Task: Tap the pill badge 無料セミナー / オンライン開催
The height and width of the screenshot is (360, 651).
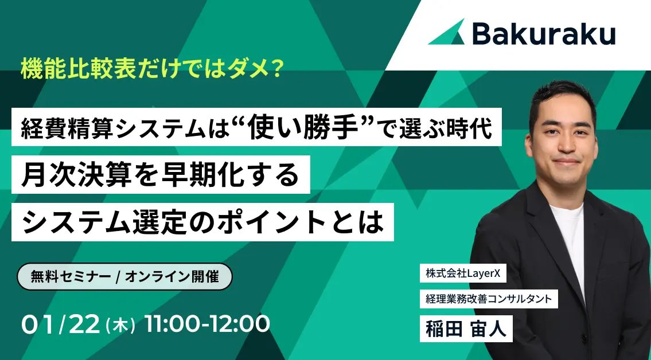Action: pyautogui.click(x=125, y=276)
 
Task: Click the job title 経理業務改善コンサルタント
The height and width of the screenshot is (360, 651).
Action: pyautogui.click(x=488, y=298)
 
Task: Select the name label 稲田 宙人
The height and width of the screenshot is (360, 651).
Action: pyautogui.click(x=466, y=327)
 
